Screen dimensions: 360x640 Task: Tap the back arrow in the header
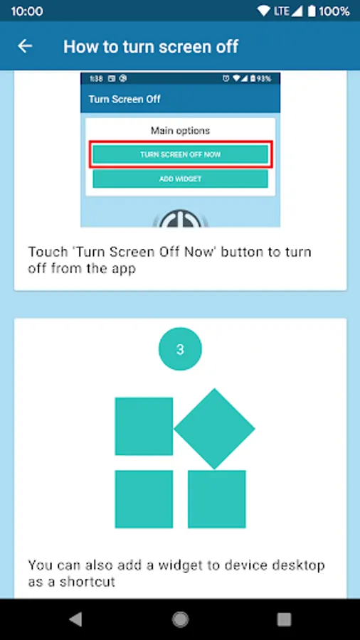(25, 46)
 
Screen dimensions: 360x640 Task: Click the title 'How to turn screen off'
(151, 46)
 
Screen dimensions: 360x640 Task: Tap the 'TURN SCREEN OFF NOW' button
(181, 155)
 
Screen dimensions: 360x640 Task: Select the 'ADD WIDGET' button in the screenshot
(181, 178)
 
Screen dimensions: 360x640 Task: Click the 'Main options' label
(181, 131)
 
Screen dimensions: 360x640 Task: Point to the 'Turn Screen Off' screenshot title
(125, 99)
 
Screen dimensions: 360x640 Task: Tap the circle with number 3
(180, 349)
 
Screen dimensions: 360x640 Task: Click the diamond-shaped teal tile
(215, 429)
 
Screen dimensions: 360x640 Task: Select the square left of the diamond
(144, 426)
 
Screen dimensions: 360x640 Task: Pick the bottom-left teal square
(144, 499)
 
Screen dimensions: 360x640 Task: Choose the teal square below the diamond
(217, 499)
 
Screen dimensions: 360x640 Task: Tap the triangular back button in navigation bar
(75, 619)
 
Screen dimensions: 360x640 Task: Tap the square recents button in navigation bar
(284, 619)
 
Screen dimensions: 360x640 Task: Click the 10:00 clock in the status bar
(27, 11)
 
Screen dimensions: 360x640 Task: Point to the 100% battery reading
(334, 11)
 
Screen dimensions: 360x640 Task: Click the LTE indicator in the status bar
(282, 11)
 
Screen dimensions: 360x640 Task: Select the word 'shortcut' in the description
(88, 581)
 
